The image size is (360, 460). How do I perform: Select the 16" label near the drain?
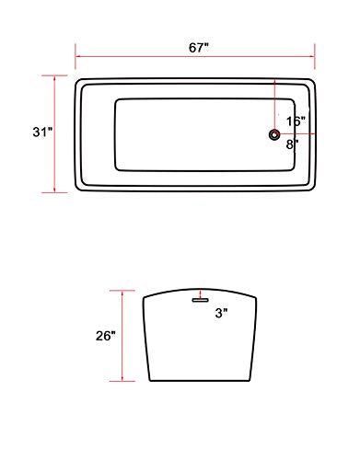pyautogui.click(x=296, y=121)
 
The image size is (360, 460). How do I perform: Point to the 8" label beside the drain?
pyautogui.click(x=292, y=144)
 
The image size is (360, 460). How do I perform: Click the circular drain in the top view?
pyautogui.click(x=273, y=135)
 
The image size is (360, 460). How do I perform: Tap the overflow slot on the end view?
pyautogui.click(x=198, y=297)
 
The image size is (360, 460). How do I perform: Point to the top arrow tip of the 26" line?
pyautogui.click(x=122, y=289)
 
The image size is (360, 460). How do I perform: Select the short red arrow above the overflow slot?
pyautogui.click(x=198, y=290)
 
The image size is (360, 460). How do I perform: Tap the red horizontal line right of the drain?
pyautogui.click(x=296, y=135)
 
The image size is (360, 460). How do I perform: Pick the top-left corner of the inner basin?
pyautogui.click(x=115, y=100)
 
